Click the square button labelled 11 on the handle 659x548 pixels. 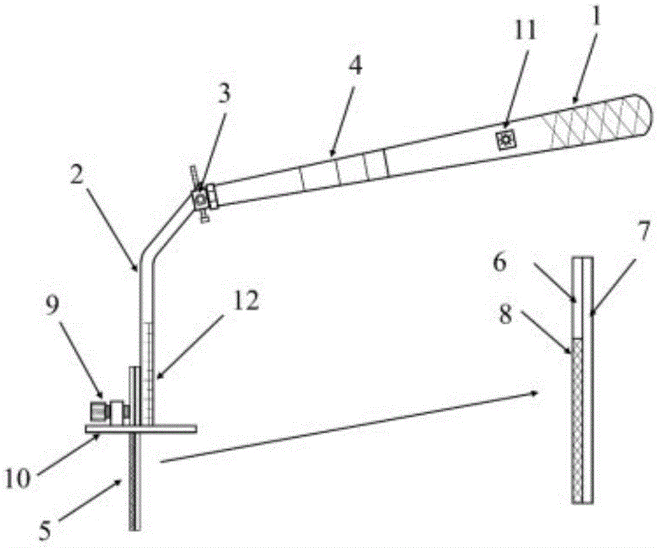[505, 139]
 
